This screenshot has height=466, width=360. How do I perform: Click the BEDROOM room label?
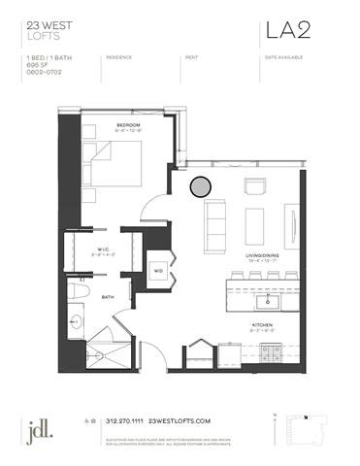point(130,125)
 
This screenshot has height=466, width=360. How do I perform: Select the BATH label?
point(108,298)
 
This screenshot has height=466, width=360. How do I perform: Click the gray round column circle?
point(200,185)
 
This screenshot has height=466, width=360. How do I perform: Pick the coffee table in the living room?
point(255,224)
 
